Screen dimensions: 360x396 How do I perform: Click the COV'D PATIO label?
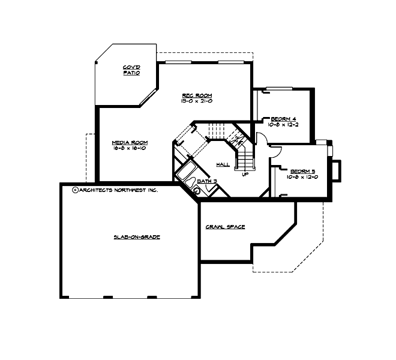(x=131, y=70)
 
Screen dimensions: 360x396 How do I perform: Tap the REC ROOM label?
(x=197, y=96)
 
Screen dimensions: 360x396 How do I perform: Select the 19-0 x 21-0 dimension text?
(x=197, y=101)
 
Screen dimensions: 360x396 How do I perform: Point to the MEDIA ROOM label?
(x=130, y=143)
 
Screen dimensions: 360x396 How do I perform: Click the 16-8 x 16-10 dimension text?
(x=130, y=148)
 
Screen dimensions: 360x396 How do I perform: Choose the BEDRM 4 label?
(x=283, y=118)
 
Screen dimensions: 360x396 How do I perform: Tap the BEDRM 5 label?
(x=302, y=170)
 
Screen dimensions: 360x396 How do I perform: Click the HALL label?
(x=223, y=164)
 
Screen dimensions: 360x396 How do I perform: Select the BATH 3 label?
(x=206, y=180)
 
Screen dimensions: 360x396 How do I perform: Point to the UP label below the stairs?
(x=245, y=175)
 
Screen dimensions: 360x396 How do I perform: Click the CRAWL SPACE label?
(x=225, y=227)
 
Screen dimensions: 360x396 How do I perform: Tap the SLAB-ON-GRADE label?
(x=137, y=237)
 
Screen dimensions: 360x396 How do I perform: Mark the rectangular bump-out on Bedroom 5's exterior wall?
(x=337, y=170)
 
